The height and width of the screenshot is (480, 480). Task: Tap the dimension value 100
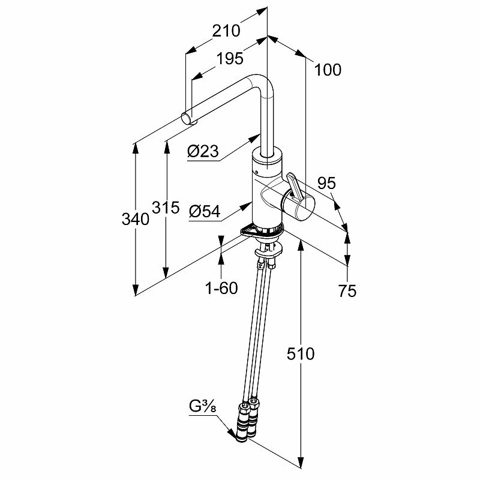point(327,70)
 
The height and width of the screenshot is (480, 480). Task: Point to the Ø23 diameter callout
point(202,152)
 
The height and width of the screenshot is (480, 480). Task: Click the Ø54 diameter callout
point(204,212)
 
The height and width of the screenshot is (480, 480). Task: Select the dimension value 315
point(166,208)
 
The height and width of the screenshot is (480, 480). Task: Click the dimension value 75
point(347,291)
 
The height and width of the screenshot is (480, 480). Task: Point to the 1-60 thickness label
point(221,287)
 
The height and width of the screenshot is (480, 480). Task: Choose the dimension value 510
point(300,354)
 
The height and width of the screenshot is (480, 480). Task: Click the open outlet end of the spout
point(187,116)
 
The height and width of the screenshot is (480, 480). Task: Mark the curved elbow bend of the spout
point(262,84)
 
